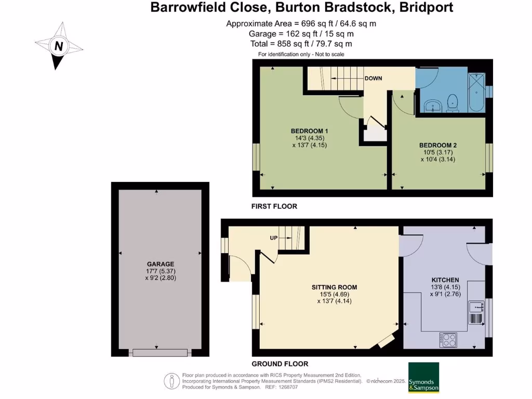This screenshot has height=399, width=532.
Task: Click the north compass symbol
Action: [x=59, y=46]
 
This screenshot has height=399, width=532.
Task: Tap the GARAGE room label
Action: [x=159, y=264]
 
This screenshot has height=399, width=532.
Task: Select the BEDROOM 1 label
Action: [x=309, y=130]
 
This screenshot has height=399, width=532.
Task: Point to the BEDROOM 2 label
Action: [x=438, y=145]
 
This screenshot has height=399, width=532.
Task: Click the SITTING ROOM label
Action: [x=334, y=287]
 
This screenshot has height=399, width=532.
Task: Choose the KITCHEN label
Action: [x=445, y=280]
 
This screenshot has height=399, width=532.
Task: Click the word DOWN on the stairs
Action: [x=373, y=78]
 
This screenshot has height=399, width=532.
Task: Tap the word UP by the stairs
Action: [x=273, y=238]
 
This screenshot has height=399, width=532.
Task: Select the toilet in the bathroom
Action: [x=453, y=102]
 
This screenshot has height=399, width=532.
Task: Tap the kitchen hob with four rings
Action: [x=448, y=340]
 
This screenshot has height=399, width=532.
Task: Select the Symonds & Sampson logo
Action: [x=423, y=377]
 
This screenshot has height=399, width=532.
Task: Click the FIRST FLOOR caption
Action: [x=274, y=206]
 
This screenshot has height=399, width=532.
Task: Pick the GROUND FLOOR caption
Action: [x=280, y=364]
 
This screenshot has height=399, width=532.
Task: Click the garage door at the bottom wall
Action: [x=159, y=352]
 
